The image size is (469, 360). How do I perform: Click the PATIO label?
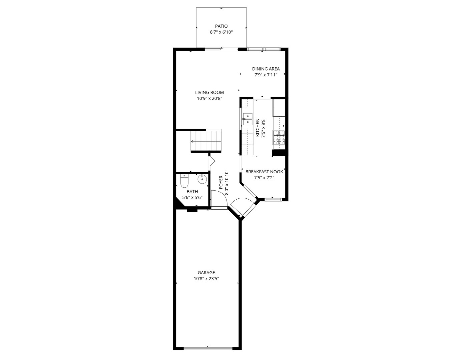pyautogui.click(x=221, y=26)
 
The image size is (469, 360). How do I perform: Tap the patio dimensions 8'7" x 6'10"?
pyautogui.click(x=221, y=32)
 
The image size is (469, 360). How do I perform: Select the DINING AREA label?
pyautogui.click(x=266, y=69)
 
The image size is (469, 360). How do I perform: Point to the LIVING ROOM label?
pyautogui.click(x=209, y=92)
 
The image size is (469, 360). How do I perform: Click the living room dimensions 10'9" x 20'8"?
pyautogui.click(x=209, y=99)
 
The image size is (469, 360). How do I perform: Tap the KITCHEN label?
pyautogui.click(x=258, y=128)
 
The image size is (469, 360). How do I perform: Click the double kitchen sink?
pyautogui.click(x=248, y=119)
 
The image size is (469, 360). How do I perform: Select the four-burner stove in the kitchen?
pyautogui.click(x=279, y=137)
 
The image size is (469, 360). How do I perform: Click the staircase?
pyautogui.click(x=206, y=141)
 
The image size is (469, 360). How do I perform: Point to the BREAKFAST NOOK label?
pyautogui.click(x=264, y=172)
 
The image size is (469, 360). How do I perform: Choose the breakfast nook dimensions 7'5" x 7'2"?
pyautogui.click(x=264, y=178)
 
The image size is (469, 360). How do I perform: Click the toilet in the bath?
pyautogui.click(x=184, y=181)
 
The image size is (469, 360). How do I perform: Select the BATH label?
pyautogui.click(x=192, y=192)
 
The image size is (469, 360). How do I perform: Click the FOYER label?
pyautogui.click(x=221, y=182)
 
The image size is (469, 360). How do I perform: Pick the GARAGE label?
pyautogui.click(x=206, y=272)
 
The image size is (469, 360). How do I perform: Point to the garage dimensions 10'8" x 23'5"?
pyautogui.click(x=206, y=279)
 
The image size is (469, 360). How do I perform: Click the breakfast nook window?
pyautogui.click(x=273, y=199)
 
